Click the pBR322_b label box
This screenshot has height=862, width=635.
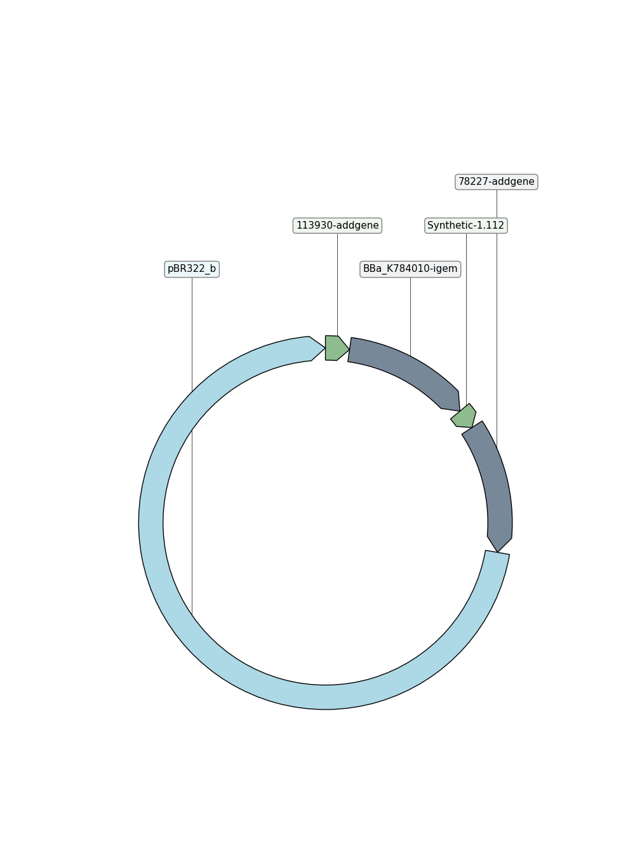(x=192, y=269)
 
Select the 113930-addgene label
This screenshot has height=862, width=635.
(x=337, y=226)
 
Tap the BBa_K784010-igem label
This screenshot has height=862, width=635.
(x=410, y=269)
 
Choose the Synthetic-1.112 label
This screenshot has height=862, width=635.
(x=465, y=226)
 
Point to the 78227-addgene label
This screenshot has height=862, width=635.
(x=496, y=182)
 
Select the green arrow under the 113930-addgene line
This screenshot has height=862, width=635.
(x=337, y=348)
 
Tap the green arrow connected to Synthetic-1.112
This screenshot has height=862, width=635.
(x=464, y=416)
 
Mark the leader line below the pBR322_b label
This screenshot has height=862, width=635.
(x=192, y=447)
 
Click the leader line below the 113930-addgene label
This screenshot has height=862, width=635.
(x=337, y=285)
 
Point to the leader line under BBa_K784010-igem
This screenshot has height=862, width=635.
(x=410, y=317)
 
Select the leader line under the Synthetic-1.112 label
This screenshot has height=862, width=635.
(x=466, y=319)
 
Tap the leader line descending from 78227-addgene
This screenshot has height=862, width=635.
(x=497, y=319)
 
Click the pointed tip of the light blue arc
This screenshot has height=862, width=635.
(x=325, y=348)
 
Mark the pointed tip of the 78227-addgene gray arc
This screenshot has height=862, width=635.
(x=498, y=553)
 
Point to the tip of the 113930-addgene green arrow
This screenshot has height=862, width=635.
(x=349, y=349)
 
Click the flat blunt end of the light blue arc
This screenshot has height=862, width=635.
(x=497, y=553)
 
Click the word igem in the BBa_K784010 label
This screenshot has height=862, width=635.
(x=445, y=269)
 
